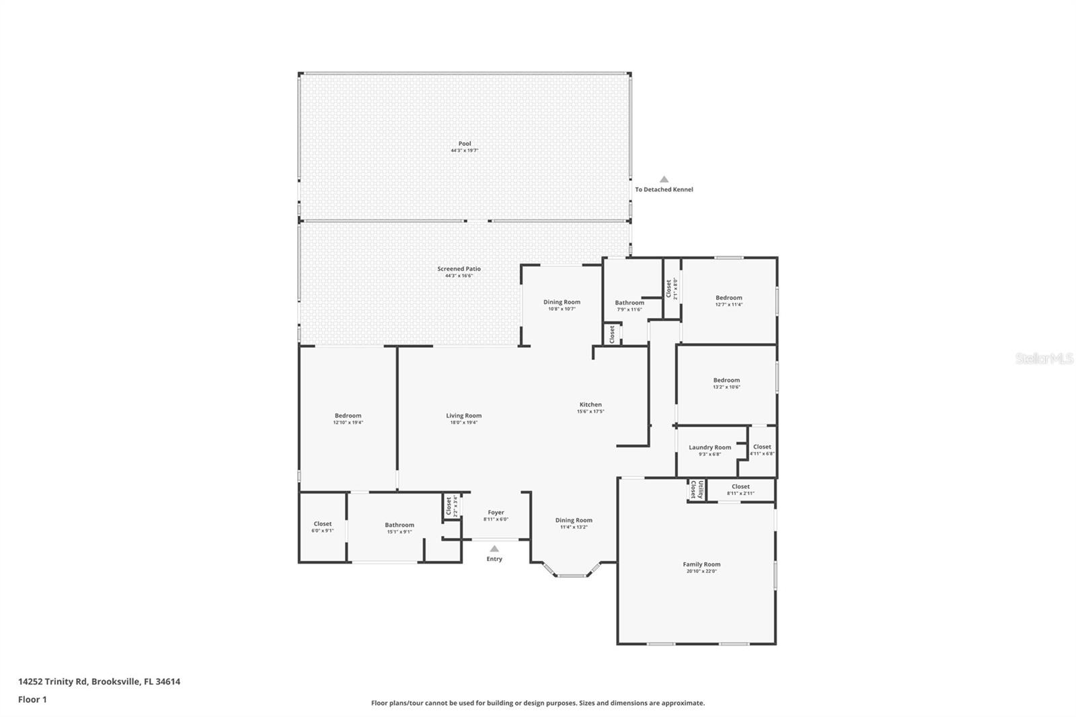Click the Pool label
coord(465,143)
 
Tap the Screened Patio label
coord(459,268)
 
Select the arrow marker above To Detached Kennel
coord(664,180)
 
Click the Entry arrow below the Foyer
coord(494,549)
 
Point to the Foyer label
coord(496,513)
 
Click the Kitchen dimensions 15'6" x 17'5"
coord(590,412)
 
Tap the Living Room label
coord(464,416)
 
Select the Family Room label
coord(701,564)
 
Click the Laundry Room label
coord(709,447)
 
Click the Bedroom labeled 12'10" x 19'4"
coord(348,416)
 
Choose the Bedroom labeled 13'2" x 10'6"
coord(726,380)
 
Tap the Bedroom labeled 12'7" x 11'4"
coord(729,297)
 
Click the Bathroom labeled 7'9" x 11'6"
coord(629,303)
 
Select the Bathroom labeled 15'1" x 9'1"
coord(399,525)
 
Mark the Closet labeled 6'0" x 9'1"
coord(323,524)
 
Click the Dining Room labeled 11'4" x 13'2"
coord(574,520)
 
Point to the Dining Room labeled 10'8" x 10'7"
coord(562,302)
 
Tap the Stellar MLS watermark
coord(1044,358)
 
